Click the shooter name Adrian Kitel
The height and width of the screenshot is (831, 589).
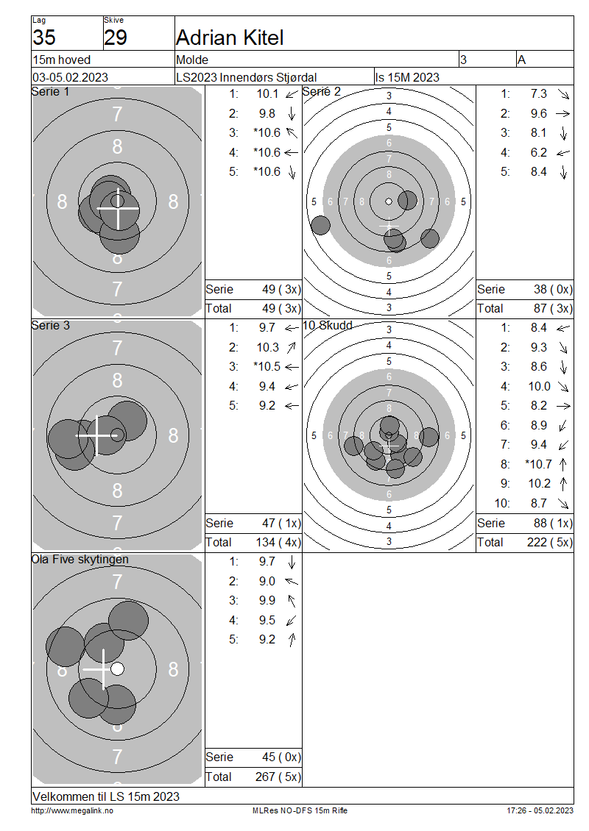click(230, 38)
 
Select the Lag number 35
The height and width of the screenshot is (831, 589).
click(44, 38)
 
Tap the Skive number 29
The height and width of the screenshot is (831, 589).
click(116, 38)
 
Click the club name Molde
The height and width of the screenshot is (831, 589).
click(192, 60)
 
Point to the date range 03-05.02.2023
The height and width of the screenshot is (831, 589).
click(71, 77)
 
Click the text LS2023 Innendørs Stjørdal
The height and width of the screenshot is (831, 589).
click(247, 77)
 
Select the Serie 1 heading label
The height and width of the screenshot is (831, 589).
click(50, 92)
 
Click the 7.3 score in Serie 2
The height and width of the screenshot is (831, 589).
click(539, 94)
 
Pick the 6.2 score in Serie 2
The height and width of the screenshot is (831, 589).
click(539, 153)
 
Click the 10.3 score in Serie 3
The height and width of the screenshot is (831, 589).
click(268, 348)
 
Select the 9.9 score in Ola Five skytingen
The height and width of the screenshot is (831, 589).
click(267, 601)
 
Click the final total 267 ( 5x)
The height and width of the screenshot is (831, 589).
click(278, 777)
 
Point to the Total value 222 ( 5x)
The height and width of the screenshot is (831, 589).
click(550, 543)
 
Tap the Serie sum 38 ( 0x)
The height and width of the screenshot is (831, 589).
click(554, 289)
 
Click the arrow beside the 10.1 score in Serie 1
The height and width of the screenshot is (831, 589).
click(292, 94)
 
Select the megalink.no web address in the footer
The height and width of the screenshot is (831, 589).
click(72, 810)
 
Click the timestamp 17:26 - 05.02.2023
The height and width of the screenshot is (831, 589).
click(540, 810)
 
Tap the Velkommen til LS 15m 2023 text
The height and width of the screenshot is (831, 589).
click(106, 796)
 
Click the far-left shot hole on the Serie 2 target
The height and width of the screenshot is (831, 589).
click(320, 225)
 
